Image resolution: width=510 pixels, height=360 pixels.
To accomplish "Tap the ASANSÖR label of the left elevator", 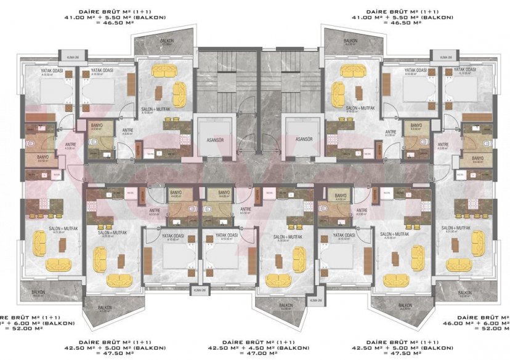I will [211, 139].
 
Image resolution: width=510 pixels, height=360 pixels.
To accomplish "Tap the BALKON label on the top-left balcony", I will [166, 42].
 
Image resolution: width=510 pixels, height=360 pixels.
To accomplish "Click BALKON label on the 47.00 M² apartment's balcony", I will [285, 305].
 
